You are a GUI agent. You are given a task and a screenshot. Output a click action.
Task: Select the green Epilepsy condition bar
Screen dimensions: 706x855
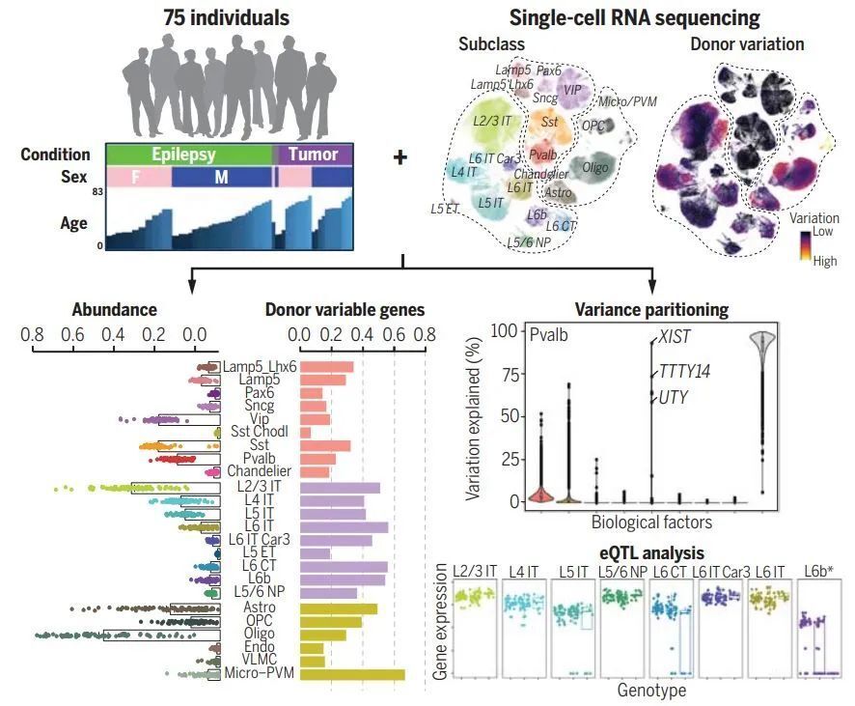tap(188, 155)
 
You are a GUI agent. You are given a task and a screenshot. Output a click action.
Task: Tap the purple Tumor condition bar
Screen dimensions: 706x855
tap(315, 155)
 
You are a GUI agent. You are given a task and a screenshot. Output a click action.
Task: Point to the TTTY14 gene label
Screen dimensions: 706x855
tap(684, 372)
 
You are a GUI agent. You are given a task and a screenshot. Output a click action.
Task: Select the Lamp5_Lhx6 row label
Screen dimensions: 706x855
tap(260, 367)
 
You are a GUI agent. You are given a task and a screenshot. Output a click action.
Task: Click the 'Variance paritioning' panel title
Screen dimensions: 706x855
tap(651, 310)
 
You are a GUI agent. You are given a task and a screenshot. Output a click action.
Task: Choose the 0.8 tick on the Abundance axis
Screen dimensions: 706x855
tap(33, 336)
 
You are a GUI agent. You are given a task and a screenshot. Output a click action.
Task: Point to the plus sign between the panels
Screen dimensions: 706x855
tap(400, 156)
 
